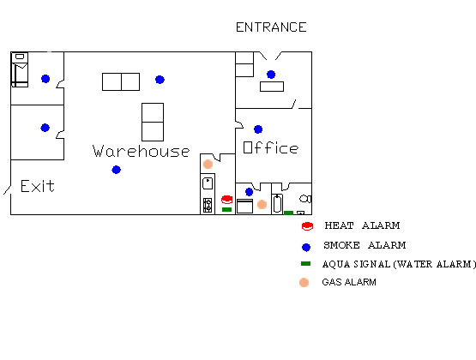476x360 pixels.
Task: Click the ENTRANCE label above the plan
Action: (271, 27)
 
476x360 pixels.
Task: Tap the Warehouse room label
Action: (142, 151)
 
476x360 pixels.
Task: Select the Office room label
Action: (271, 147)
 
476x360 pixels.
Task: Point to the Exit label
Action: (38, 186)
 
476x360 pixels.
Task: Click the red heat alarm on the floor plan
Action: (226, 200)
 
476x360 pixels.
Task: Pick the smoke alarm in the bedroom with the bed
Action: (45, 79)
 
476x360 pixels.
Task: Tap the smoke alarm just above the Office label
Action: (258, 129)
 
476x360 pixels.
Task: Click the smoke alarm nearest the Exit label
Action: (117, 170)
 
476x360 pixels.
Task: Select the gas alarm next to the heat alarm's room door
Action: (208, 164)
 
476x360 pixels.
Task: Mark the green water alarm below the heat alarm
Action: (226, 209)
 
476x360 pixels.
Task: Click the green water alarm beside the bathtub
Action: (288, 213)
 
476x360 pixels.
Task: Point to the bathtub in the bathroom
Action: (277, 204)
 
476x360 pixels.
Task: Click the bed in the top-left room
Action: (20, 69)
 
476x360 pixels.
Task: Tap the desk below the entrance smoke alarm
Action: (272, 87)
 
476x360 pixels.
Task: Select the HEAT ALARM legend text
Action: (362, 225)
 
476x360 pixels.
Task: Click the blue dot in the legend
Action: (306, 247)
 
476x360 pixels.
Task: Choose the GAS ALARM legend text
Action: (349, 282)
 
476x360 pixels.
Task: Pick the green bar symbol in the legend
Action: (305, 264)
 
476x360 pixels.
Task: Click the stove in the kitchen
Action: (208, 206)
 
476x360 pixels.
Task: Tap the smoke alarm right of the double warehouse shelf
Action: (160, 80)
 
